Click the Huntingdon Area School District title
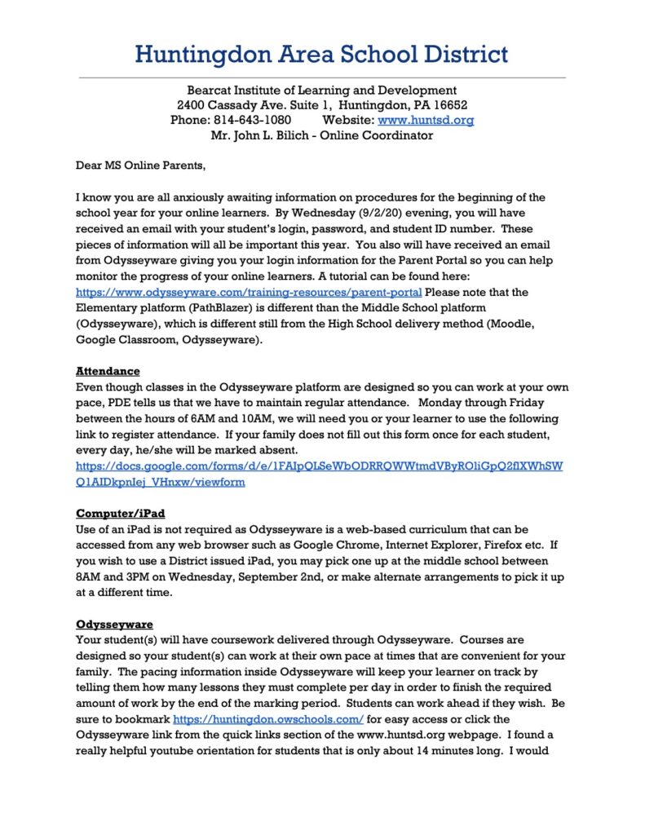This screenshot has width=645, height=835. click(321, 55)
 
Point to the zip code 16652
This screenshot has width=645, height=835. click(449, 105)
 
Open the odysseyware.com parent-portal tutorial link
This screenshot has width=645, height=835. click(249, 292)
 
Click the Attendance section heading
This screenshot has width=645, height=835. click(108, 371)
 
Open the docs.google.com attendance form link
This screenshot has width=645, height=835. click(318, 466)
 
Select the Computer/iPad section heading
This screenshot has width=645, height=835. click(121, 513)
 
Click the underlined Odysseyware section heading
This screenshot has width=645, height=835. click(114, 625)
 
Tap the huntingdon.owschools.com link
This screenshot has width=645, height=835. click(269, 720)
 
